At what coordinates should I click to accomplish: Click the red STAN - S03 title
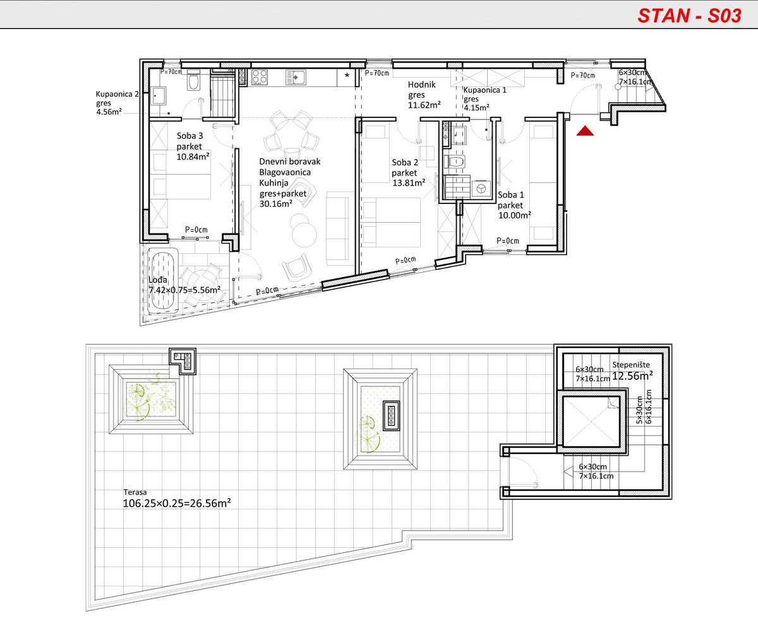click(689, 16)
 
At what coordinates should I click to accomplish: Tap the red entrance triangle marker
click(585, 131)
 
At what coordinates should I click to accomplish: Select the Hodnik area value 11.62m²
click(424, 105)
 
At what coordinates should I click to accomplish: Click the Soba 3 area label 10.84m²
click(193, 157)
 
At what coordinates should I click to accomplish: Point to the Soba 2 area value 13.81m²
click(409, 183)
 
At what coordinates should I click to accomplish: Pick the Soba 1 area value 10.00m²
click(515, 215)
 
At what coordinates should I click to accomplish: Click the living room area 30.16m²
click(275, 204)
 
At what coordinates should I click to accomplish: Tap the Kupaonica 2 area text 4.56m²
click(109, 112)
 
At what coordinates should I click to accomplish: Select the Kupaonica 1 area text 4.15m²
click(476, 107)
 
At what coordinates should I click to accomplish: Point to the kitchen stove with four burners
click(260, 77)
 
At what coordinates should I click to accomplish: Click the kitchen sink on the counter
click(296, 77)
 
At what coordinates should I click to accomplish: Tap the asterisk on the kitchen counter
click(347, 76)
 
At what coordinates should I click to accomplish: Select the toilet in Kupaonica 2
click(194, 80)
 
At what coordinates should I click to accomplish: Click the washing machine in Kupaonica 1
click(481, 188)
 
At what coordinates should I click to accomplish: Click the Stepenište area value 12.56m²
click(632, 376)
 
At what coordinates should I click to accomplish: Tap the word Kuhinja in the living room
click(274, 183)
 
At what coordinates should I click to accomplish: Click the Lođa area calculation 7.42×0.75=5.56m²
click(184, 290)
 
